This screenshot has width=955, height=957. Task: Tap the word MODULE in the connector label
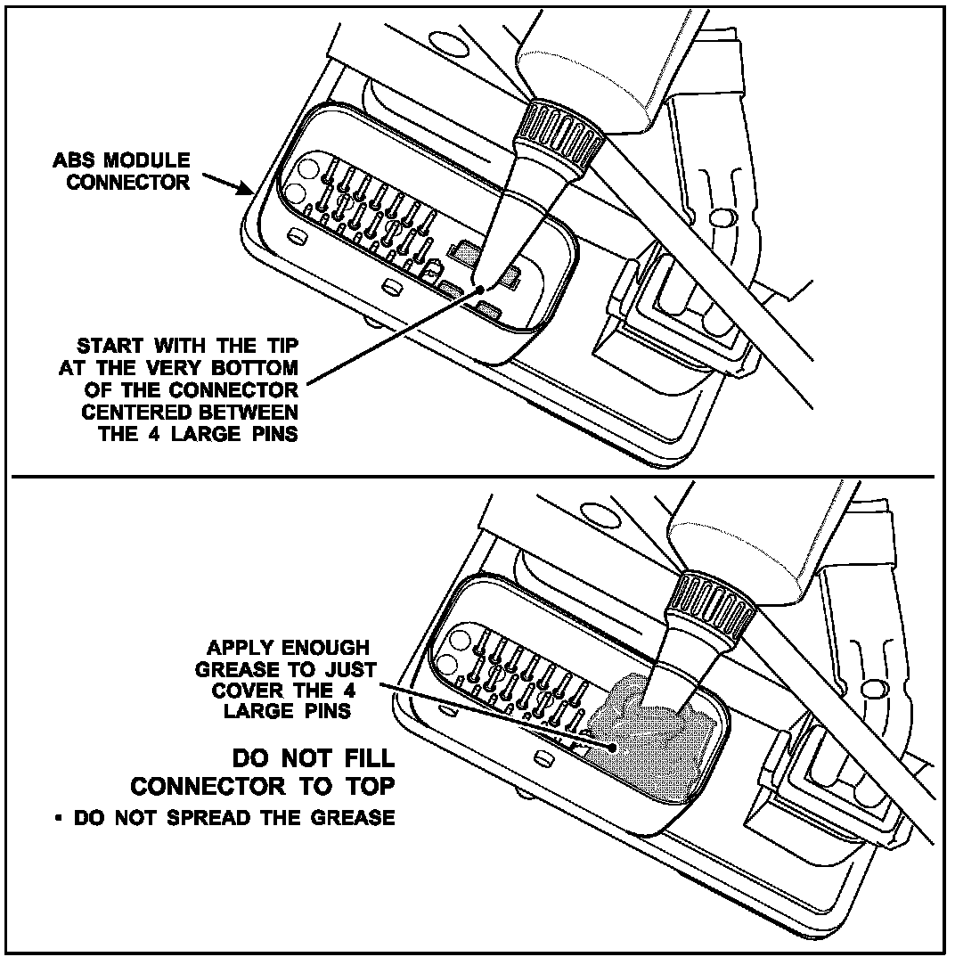point(147,160)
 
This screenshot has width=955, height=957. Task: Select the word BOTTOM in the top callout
point(255,368)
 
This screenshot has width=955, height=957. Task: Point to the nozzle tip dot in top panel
point(484,288)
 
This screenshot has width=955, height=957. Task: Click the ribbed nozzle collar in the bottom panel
point(712,609)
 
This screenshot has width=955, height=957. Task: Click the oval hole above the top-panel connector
point(445,44)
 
